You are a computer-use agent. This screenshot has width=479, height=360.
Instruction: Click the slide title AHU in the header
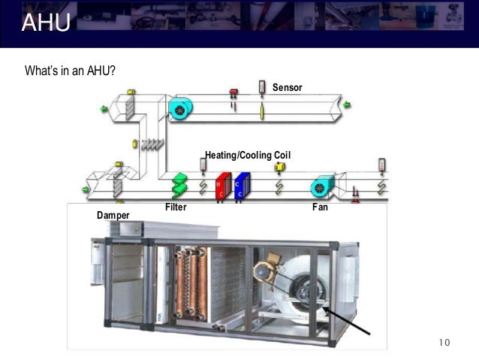tap(46, 23)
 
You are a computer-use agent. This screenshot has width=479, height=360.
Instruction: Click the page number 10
tap(443, 343)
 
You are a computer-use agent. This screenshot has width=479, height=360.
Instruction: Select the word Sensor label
tap(287, 88)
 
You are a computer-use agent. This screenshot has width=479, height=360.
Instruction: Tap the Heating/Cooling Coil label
tap(248, 155)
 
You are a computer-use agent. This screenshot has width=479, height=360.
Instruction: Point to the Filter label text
tap(175, 207)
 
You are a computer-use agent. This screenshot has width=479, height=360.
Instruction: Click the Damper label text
tap(113, 216)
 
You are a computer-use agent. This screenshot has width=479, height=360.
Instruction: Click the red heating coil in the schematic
tap(221, 187)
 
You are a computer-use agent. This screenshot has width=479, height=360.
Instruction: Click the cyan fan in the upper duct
tap(179, 110)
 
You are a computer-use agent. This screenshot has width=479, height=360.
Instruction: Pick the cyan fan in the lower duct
tap(323, 186)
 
